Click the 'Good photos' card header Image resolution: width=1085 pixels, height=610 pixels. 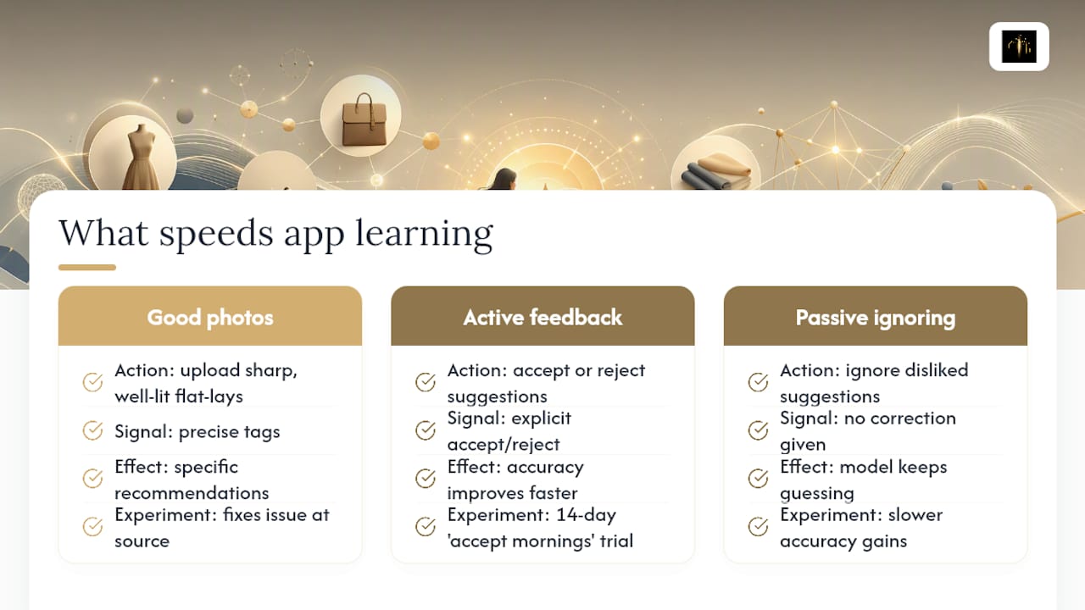[x=209, y=316]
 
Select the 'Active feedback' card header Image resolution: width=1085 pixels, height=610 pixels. [x=542, y=316]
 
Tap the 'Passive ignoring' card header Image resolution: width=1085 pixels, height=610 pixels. [x=876, y=316]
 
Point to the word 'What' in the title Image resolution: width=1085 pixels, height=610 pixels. [x=103, y=233]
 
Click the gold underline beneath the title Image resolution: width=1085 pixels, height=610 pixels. [x=87, y=267]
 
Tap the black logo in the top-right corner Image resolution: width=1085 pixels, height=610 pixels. [x=1019, y=47]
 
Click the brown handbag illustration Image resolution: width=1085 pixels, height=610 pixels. [x=364, y=120]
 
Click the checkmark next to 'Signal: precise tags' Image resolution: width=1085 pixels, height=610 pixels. [x=92, y=430]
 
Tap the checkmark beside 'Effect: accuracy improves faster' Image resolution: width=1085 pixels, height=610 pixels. [x=426, y=479]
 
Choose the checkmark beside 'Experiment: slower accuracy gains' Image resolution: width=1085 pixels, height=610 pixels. [x=758, y=527]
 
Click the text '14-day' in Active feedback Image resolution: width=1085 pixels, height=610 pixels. [x=586, y=514]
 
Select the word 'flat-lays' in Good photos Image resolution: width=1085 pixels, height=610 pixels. [x=209, y=396]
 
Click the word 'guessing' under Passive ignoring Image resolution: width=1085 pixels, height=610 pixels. [x=817, y=494]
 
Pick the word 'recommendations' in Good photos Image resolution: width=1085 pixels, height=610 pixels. [x=192, y=493]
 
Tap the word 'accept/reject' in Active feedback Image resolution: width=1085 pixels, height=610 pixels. [x=504, y=445]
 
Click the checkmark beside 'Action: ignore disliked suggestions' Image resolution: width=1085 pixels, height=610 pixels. [x=758, y=382]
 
